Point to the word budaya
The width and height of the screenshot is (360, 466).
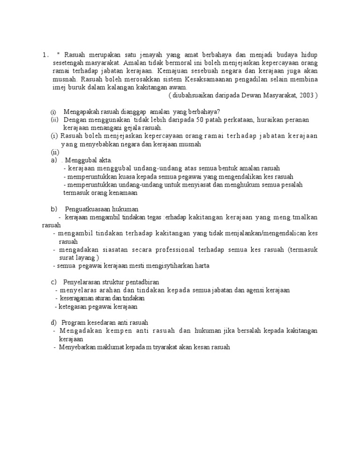pyautogui.click(x=286, y=54)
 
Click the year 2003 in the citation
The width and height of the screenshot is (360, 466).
pyautogui.click(x=305, y=95)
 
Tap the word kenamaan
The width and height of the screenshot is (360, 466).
pyautogui.click(x=123, y=193)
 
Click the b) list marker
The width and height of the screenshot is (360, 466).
pyautogui.click(x=53, y=209)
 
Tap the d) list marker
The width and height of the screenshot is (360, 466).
pyautogui.click(x=53, y=323)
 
